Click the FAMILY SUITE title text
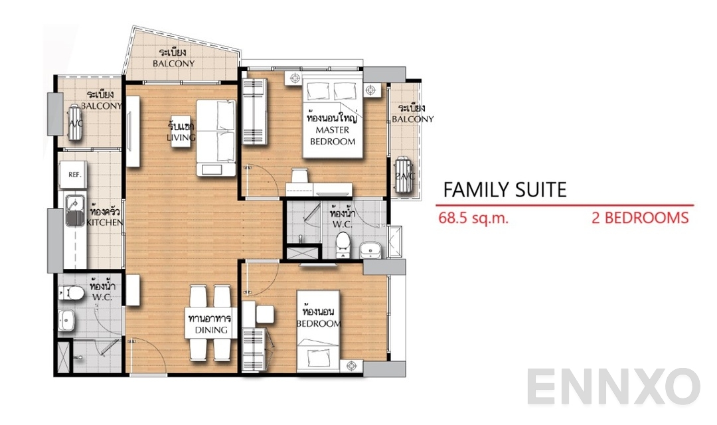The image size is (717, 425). pyautogui.click(x=505, y=190)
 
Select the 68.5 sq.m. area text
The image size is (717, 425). pyautogui.click(x=473, y=218)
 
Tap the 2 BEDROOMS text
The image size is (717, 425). pyautogui.click(x=639, y=218)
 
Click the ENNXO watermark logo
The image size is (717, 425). pyautogui.click(x=614, y=388)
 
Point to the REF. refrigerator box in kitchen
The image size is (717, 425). pyautogui.click(x=74, y=175)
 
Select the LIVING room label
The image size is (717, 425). pyautogui.click(x=181, y=131)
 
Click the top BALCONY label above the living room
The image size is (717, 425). pyautogui.click(x=173, y=58)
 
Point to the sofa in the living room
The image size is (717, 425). pyautogui.click(x=216, y=137)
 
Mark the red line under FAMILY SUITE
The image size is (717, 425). pyautogui.click(x=568, y=205)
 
